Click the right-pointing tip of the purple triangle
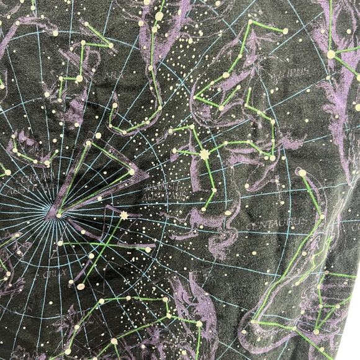(x=148, y=176)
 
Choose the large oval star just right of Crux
(x=81, y=286)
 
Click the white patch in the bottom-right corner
(x=353, y=341)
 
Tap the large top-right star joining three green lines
(x=331, y=54)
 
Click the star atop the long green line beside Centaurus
(x=302, y=173)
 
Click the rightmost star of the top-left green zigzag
(x=111, y=45)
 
